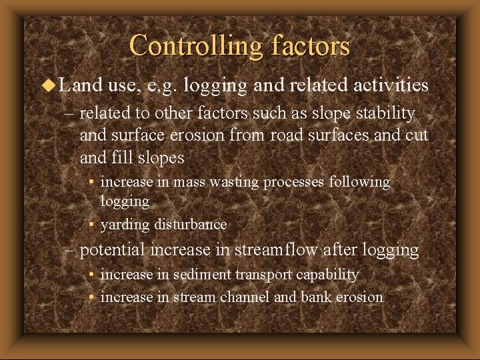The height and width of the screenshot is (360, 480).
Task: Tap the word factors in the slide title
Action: (311, 45)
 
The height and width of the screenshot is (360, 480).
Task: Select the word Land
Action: (80, 85)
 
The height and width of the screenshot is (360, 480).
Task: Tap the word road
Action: (281, 136)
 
